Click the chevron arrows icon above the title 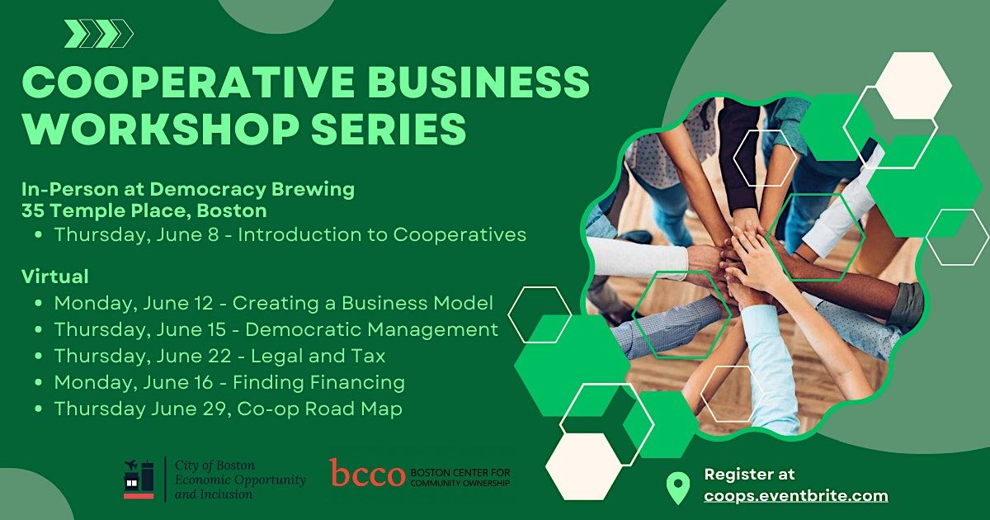pyautogui.click(x=99, y=34)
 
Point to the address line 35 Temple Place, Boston pyautogui.click(x=144, y=210)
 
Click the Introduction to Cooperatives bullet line pyautogui.click(x=290, y=234)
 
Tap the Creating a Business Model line pyautogui.click(x=273, y=302)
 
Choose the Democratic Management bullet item pyautogui.click(x=276, y=329)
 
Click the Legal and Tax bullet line pyautogui.click(x=219, y=356)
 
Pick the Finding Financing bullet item pyautogui.click(x=229, y=382)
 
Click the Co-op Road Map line pyautogui.click(x=228, y=409)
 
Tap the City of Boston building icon pyautogui.click(x=139, y=480)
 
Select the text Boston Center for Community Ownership pyautogui.click(x=460, y=477)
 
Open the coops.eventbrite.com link pyautogui.click(x=795, y=496)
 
